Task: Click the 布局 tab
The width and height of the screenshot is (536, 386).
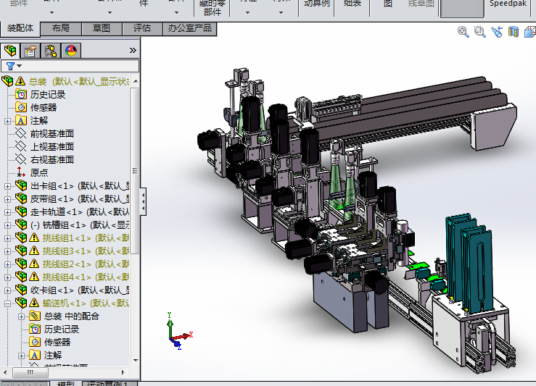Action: [61, 28]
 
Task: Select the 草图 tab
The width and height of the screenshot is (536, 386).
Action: [102, 28]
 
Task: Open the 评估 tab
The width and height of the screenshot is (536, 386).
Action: [142, 28]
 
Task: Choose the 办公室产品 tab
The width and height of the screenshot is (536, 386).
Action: [189, 28]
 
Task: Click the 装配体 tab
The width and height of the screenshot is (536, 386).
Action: [20, 28]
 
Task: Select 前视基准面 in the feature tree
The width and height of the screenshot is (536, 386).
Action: [51, 133]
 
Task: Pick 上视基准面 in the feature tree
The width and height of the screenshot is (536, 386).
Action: [51, 146]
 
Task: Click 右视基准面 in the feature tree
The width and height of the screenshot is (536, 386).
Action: [51, 159]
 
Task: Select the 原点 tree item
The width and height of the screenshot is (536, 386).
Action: [39, 173]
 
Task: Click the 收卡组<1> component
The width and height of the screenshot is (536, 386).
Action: [58, 290]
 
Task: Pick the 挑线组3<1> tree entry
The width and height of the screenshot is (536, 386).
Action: [66, 251]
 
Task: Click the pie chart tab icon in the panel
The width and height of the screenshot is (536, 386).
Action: [71, 51]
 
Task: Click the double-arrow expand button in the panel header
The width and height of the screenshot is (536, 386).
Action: [133, 51]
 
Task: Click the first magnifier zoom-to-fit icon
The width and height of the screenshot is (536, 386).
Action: [463, 32]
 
